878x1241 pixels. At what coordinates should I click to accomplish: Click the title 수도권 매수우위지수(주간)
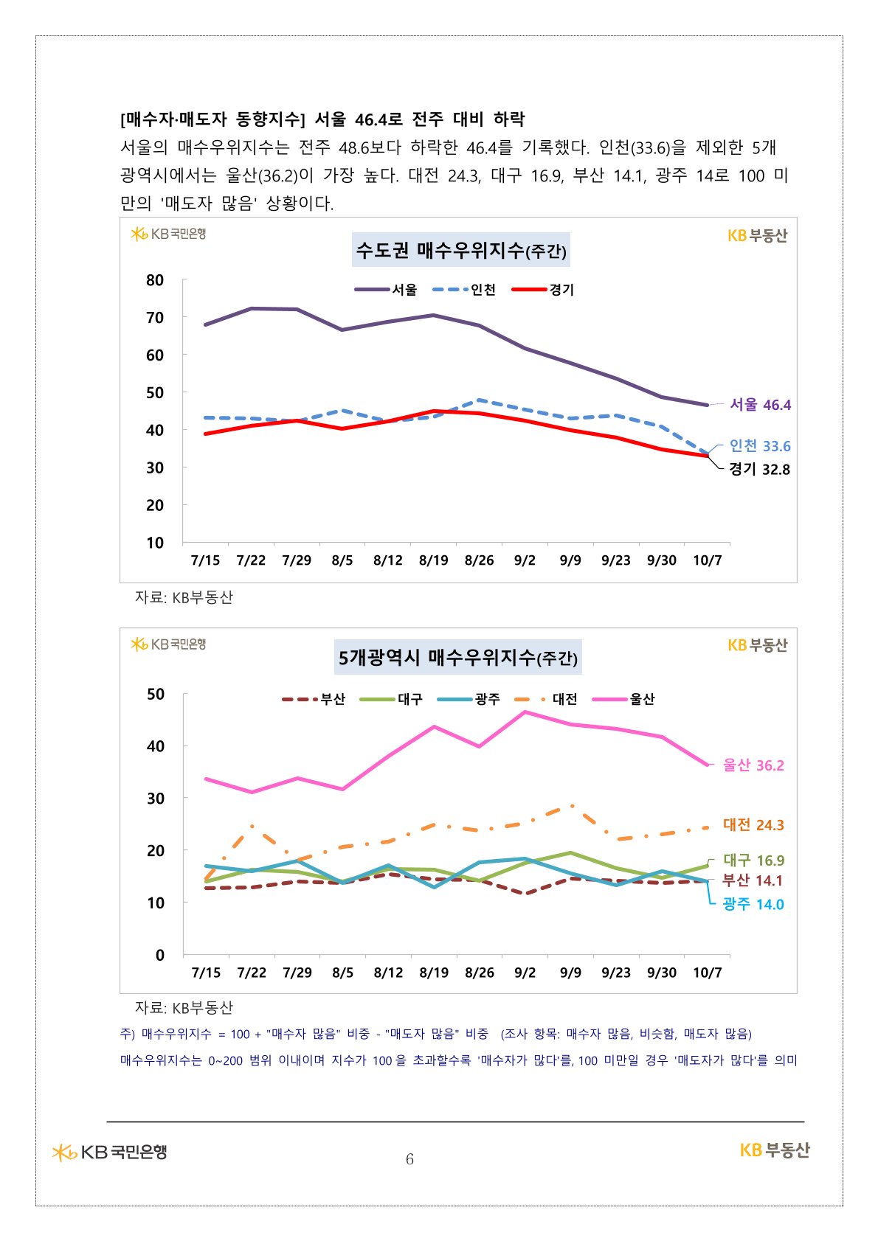point(461,251)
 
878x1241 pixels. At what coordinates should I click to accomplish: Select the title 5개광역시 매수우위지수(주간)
point(457,657)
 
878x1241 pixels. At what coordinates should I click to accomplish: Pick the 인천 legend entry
point(465,290)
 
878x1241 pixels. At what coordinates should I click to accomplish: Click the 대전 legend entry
point(547,699)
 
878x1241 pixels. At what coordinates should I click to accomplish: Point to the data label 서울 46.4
point(760,405)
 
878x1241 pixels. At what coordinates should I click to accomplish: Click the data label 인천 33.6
point(760,446)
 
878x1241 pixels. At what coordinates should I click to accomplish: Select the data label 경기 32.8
point(759,469)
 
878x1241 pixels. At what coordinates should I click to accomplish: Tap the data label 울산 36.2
point(753,765)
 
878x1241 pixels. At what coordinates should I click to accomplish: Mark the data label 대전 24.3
point(753,825)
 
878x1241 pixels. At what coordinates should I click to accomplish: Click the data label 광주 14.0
point(753,905)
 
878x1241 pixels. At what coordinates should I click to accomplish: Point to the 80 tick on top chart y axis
point(155,280)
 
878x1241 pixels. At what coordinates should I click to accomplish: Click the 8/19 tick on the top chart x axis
point(434,560)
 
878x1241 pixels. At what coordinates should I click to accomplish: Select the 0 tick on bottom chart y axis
point(160,955)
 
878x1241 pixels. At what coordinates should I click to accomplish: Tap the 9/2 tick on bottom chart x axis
point(525,973)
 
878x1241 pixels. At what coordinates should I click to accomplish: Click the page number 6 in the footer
point(409,1159)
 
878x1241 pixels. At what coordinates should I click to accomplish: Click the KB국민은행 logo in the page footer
point(110,1152)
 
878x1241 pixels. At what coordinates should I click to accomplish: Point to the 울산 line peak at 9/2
point(525,712)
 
